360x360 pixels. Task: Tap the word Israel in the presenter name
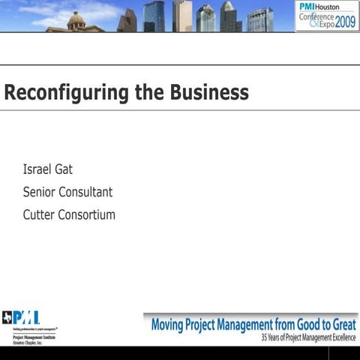click(37, 169)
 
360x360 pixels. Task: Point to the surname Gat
click(64, 169)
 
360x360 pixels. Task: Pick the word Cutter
click(40, 214)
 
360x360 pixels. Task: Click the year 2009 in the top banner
click(346, 22)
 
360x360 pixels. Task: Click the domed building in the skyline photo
click(75, 21)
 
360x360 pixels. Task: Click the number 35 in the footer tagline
click(265, 338)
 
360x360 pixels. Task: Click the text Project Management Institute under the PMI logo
click(33, 337)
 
